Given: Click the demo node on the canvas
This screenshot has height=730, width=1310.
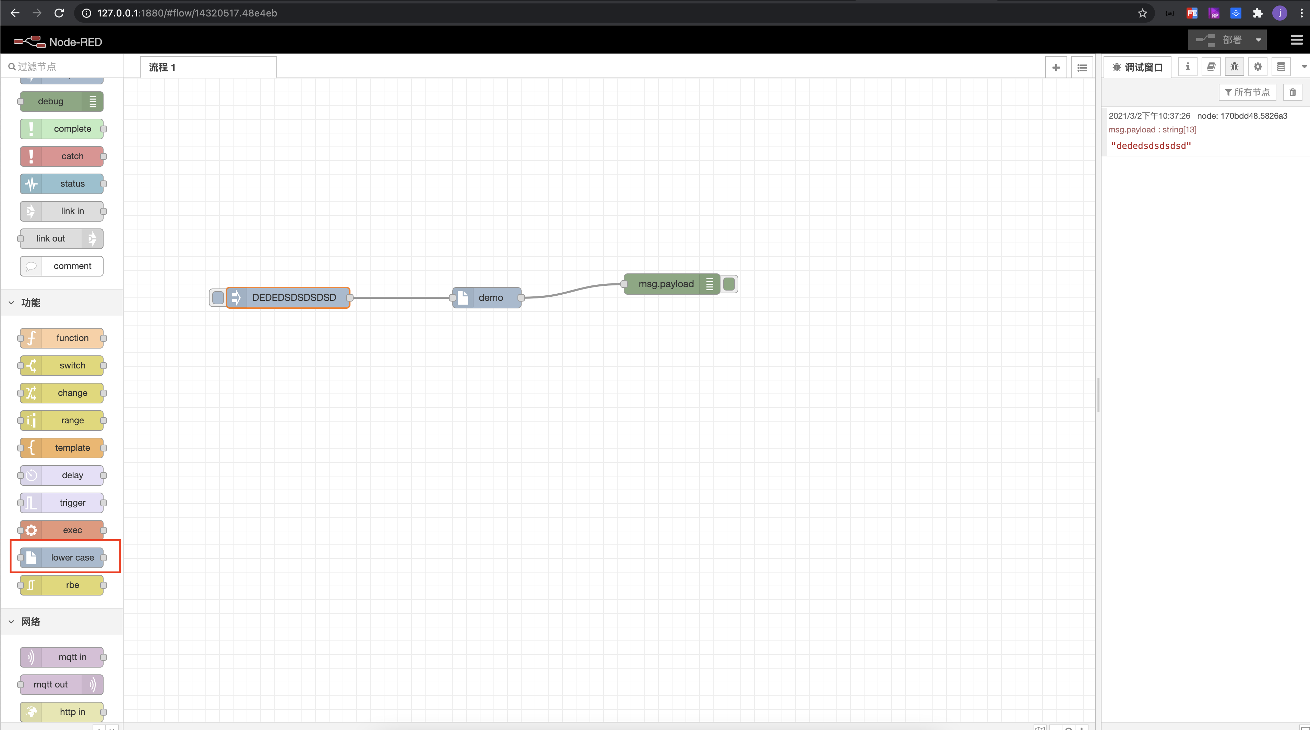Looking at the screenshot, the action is click(x=487, y=298).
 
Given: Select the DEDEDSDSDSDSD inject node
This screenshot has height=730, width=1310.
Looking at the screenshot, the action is click(x=294, y=298).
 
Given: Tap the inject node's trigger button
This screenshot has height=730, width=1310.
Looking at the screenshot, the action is click(x=218, y=298).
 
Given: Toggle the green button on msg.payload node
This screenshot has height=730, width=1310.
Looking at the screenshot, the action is click(x=729, y=284).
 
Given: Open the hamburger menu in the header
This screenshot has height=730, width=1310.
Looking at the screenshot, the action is click(x=1296, y=40).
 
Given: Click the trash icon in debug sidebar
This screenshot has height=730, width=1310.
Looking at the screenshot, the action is click(x=1292, y=92).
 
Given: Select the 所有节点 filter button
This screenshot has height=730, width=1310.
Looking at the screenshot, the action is click(x=1247, y=92).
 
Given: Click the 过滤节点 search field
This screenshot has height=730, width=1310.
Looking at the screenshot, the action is click(x=63, y=67).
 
